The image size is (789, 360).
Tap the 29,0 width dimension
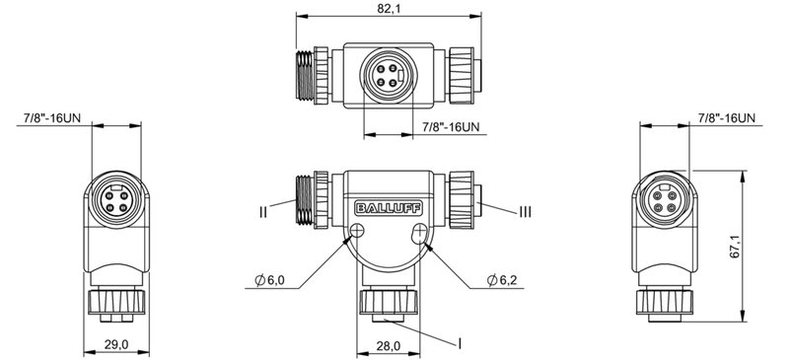pos(116,344)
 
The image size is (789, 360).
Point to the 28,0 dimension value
pos(388,345)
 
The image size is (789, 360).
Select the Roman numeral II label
pos(265,210)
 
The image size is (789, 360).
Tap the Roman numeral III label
pos(527,210)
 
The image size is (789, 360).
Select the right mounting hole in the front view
pos(421,233)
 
